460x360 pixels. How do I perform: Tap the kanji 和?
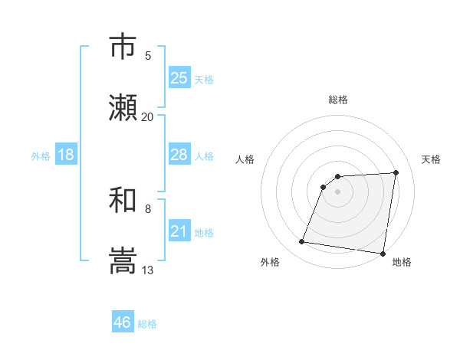[123, 200]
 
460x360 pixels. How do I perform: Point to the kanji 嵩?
[123, 261]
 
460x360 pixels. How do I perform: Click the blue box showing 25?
[179, 78]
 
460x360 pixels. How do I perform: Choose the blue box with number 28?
[179, 155]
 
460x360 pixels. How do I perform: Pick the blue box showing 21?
[179, 231]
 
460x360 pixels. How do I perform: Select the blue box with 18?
[66, 155]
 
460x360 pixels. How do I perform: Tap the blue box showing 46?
[123, 322]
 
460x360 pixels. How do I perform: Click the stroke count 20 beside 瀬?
[147, 117]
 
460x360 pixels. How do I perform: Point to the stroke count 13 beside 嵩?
[148, 270]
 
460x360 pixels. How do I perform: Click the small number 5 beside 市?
[148, 55]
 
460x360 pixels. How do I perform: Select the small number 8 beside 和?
[148, 208]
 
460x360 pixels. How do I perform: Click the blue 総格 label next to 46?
[147, 324]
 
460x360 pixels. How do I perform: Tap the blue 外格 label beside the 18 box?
[41, 156]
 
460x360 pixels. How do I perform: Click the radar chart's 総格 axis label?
[338, 100]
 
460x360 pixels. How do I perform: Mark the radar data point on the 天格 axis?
[396, 172]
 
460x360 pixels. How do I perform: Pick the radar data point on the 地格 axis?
[383, 253]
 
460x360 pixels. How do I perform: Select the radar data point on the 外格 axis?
[301, 242]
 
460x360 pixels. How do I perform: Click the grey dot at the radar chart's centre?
[338, 191]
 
